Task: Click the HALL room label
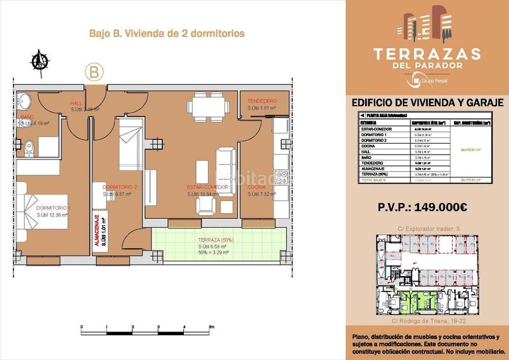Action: coord(76,103)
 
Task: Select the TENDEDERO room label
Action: coord(261,100)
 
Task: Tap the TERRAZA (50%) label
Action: coord(216,240)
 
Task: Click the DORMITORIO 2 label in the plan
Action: coord(120,186)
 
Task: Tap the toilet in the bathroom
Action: coord(27,145)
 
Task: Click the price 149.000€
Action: coord(422,207)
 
